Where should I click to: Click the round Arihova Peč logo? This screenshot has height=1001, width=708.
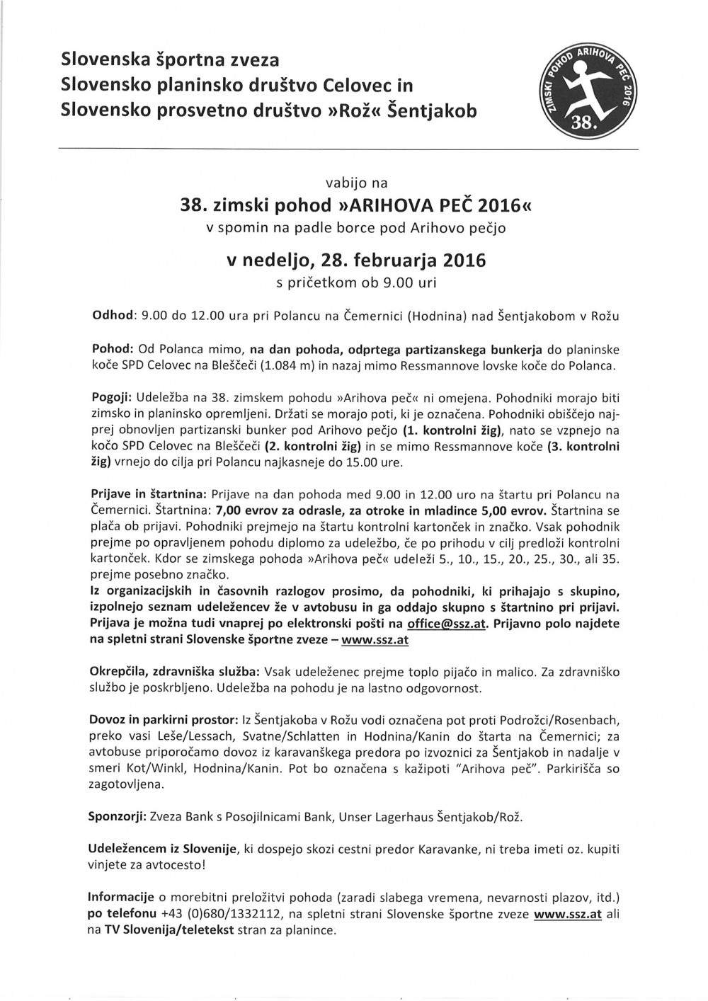point(588,93)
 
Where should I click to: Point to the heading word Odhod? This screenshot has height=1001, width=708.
point(115,316)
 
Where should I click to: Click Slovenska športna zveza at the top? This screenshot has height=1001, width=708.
point(170,58)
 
